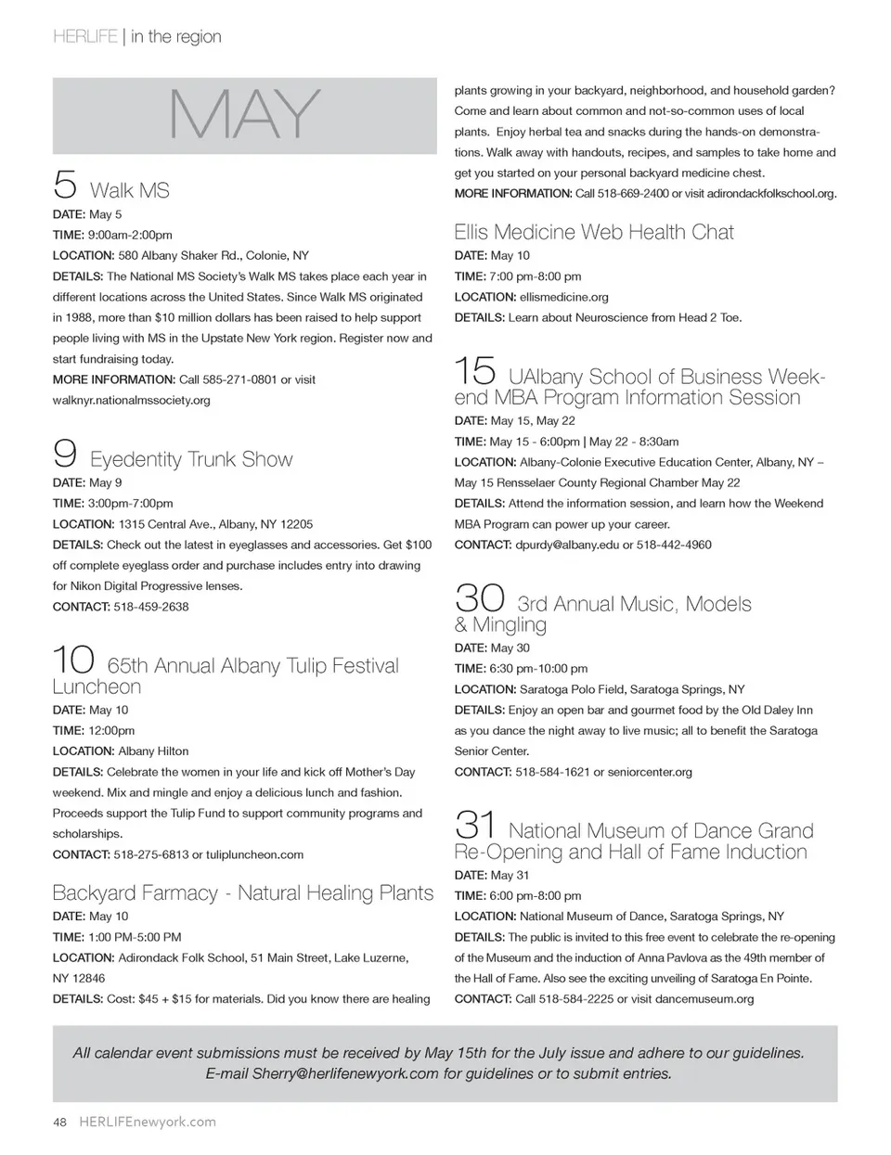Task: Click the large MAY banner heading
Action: pos(244,116)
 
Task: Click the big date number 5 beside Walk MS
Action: pos(65,184)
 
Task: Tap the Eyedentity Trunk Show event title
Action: pos(191,459)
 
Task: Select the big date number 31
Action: pos(475,824)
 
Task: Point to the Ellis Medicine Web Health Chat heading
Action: pos(594,232)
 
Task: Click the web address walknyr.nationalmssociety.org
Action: pos(132,400)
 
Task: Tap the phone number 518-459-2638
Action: pos(151,607)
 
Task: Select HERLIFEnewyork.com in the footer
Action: pos(148,1122)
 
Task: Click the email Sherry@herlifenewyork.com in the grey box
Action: pos(345,1073)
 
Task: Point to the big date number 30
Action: pos(479,597)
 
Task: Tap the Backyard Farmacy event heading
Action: pos(243,893)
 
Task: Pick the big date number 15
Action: pos(475,371)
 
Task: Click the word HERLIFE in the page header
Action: pos(85,37)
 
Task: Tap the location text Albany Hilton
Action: pos(153,751)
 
